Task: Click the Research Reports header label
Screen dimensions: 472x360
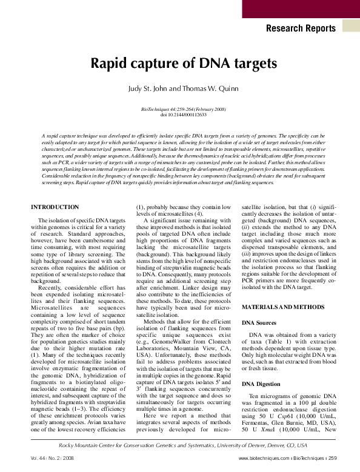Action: [x=300, y=28]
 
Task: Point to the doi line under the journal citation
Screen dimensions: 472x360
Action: [x=180, y=115]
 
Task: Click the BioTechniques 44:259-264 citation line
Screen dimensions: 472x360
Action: [x=179, y=109]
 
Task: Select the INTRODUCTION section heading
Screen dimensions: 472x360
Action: [x=55, y=207]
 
